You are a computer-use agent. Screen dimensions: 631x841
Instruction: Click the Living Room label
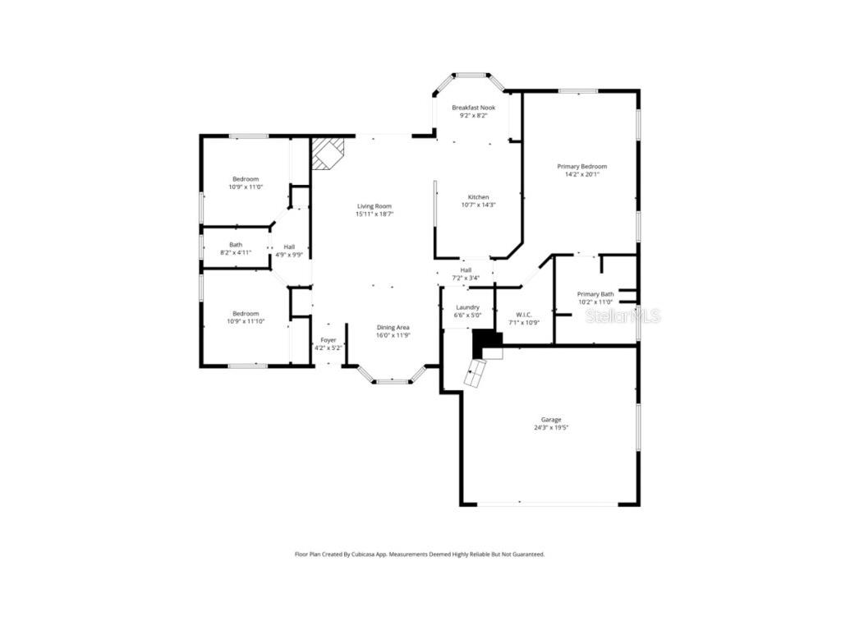(x=374, y=206)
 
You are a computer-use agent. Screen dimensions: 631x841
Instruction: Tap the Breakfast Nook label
(x=473, y=108)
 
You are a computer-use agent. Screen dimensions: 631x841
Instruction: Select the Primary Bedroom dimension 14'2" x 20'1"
(x=581, y=174)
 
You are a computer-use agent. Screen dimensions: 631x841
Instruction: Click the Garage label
(x=550, y=420)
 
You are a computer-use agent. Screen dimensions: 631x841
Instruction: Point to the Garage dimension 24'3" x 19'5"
(x=550, y=428)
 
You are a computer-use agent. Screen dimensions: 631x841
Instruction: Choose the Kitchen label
(x=478, y=197)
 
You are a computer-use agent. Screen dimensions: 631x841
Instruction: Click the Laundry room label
(x=466, y=307)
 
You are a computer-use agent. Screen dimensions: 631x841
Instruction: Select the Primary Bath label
(x=595, y=294)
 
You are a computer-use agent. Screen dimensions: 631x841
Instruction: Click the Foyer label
(x=328, y=340)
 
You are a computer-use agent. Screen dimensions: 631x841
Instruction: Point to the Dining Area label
(x=393, y=327)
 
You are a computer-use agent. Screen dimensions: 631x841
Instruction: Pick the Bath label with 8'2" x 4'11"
(x=236, y=244)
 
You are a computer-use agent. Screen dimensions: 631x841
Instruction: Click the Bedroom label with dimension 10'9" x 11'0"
(x=245, y=179)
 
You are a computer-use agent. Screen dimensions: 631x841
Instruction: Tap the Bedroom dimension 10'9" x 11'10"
(x=245, y=321)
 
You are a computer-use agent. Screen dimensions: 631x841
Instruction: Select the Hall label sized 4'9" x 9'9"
(x=289, y=246)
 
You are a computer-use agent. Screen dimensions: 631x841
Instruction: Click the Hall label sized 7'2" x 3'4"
(x=466, y=270)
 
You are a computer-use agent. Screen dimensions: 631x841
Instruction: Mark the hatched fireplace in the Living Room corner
(x=328, y=153)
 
